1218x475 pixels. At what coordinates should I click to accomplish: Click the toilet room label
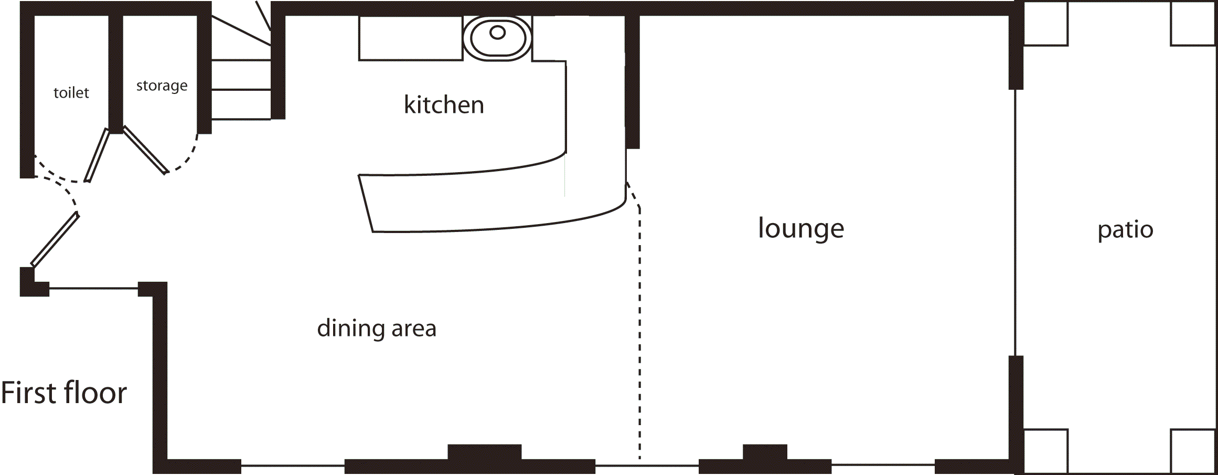tap(71, 93)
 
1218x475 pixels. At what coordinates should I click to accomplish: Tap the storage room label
tap(162, 86)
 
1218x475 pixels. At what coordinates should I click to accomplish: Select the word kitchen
tap(444, 105)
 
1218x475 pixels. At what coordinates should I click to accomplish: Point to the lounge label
tap(801, 229)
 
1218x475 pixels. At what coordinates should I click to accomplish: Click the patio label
tap(1125, 230)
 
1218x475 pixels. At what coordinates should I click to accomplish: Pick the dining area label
tap(377, 329)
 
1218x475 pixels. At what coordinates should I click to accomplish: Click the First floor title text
tap(64, 393)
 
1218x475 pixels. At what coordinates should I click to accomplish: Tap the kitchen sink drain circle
tap(497, 33)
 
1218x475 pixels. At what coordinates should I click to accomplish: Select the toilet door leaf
tap(97, 155)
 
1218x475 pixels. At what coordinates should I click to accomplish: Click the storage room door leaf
tap(145, 150)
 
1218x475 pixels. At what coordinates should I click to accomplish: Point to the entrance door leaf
tap(55, 239)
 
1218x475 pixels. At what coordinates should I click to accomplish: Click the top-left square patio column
tap(1045, 24)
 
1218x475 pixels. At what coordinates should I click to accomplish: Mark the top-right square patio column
tap(1193, 24)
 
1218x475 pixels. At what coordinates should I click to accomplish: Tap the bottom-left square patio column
tap(1045, 450)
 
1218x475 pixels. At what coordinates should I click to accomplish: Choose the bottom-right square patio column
tap(1193, 450)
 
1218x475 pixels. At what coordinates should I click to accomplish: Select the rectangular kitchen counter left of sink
tap(411, 38)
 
